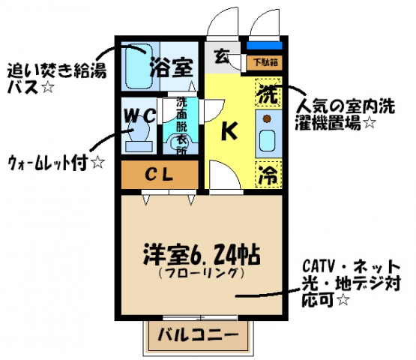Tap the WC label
pos(140,115)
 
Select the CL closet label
pos(159,175)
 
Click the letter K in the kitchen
pos(229,130)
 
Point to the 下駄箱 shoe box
pos(265,63)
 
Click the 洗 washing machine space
pos(268,94)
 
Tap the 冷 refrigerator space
pos(268,175)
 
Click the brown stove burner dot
pos(267,119)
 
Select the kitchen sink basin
pos(267,141)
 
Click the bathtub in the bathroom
pos(138,66)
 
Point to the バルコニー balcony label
pos(198,335)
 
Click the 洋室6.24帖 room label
pos(202,254)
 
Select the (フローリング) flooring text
pos(201,273)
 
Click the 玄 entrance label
pos(222,56)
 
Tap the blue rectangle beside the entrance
pos(265,46)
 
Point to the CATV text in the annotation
pos(319,266)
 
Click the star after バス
pos(48,87)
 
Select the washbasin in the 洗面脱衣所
pos(181,143)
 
